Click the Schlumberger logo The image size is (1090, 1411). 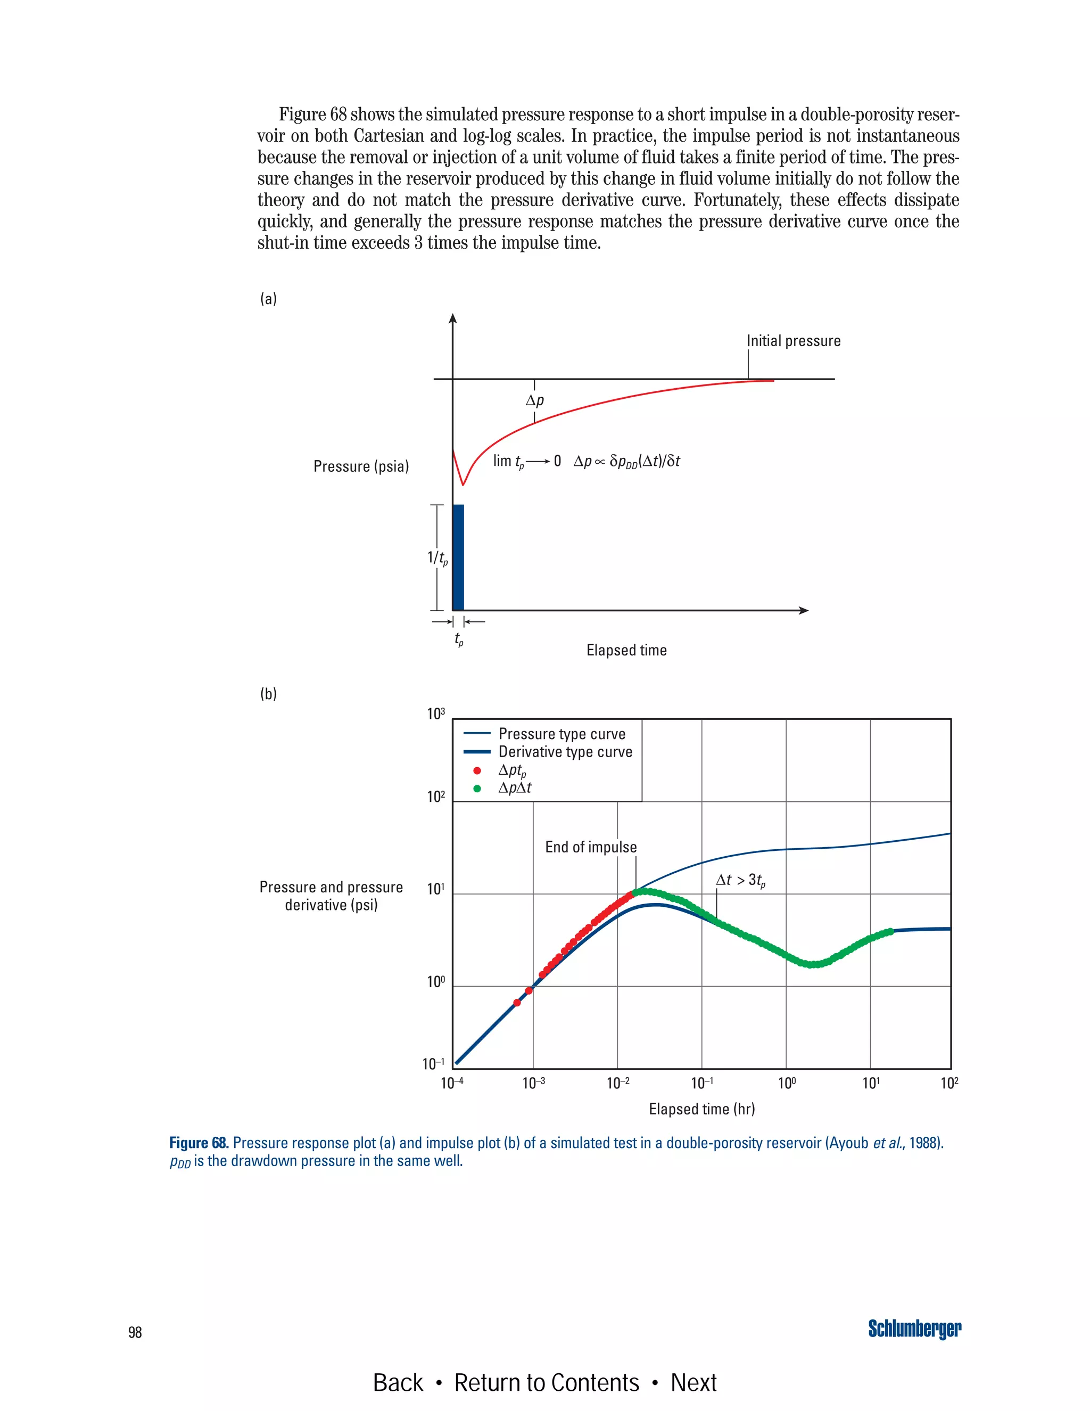point(914,1329)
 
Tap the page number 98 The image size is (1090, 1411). point(135,1332)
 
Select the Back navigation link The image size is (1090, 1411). point(398,1383)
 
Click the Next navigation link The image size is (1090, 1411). point(693,1383)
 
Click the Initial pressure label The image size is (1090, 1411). point(794,341)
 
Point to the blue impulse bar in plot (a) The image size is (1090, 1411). point(458,557)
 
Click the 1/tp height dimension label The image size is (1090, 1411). point(437,557)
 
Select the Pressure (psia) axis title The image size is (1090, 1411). point(361,466)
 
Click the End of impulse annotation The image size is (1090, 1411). point(590,847)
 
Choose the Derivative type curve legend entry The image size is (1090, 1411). point(565,752)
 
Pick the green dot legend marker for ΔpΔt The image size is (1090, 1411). point(477,788)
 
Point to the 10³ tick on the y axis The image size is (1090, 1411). point(436,714)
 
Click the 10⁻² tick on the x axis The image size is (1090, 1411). point(617,1084)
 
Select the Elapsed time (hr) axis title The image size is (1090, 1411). point(701,1109)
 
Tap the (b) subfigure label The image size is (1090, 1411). point(268,694)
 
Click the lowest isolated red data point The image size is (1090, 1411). point(517,1003)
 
